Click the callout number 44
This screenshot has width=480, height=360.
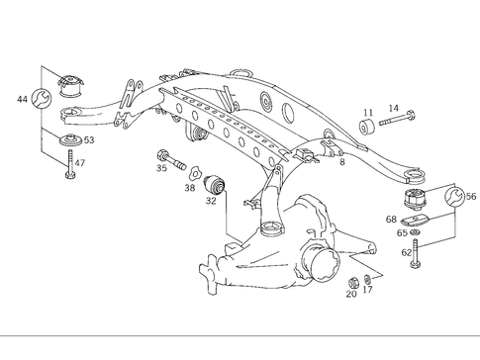(23, 101)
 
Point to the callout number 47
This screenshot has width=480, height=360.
(80, 163)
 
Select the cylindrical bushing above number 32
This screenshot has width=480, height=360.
(217, 183)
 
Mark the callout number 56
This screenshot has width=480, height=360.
(470, 197)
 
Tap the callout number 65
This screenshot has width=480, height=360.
(402, 233)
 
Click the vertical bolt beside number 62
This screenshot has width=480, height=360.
(417, 260)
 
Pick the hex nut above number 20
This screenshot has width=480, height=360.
(353, 280)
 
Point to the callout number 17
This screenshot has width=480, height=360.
(367, 290)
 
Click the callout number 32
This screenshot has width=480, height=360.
(211, 200)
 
